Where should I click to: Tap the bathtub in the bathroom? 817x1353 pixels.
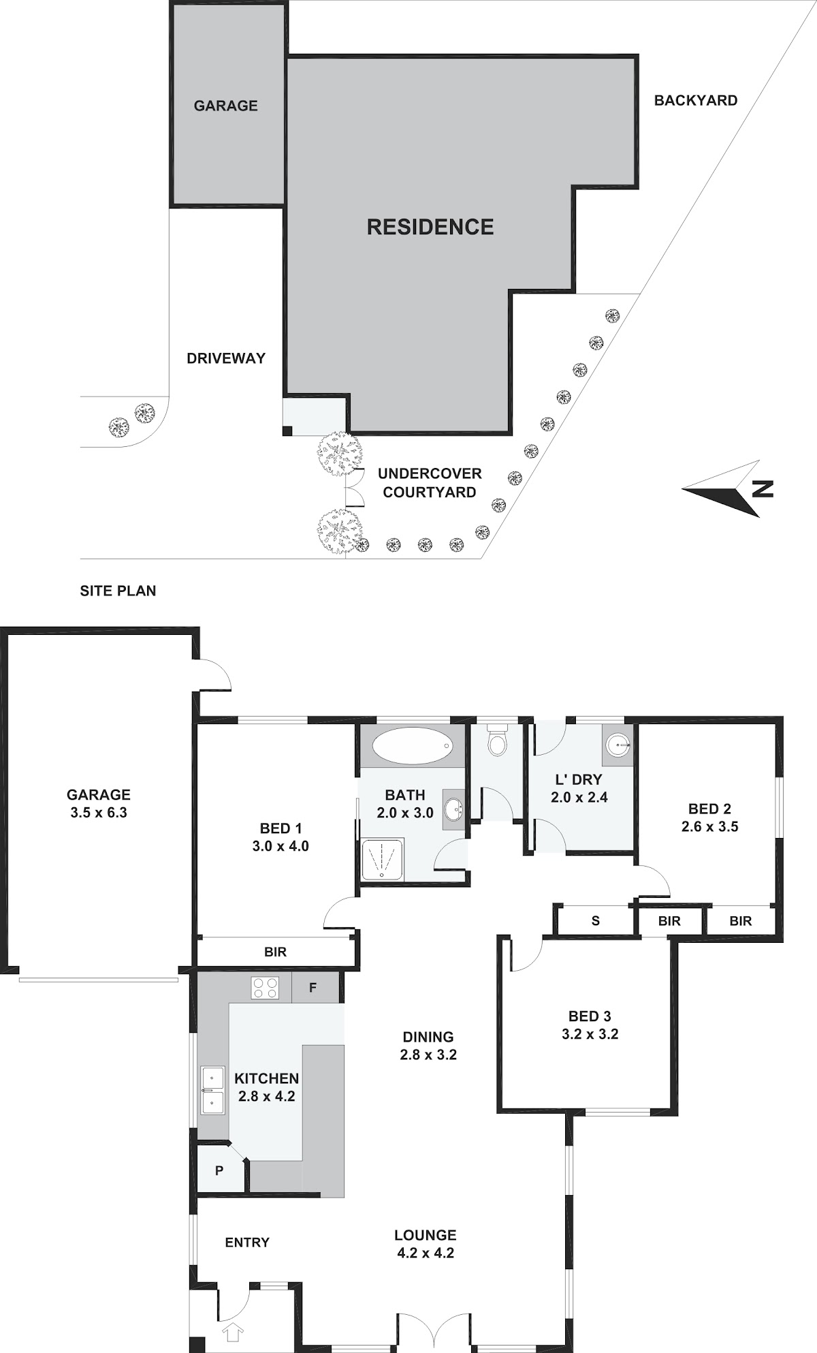412,745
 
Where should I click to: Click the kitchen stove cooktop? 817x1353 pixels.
264,987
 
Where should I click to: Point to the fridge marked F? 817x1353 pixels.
313,987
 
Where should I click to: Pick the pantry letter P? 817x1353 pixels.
219,1170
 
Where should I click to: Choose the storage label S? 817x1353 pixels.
596,921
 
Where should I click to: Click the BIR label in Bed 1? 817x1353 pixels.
276,952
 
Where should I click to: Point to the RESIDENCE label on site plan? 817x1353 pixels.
430,227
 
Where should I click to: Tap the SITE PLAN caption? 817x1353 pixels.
118,591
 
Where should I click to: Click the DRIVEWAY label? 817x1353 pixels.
226,358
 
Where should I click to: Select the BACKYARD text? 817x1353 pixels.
696,100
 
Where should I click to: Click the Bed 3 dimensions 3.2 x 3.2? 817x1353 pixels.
590,1034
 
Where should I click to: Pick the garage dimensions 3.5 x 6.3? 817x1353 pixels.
99,812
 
